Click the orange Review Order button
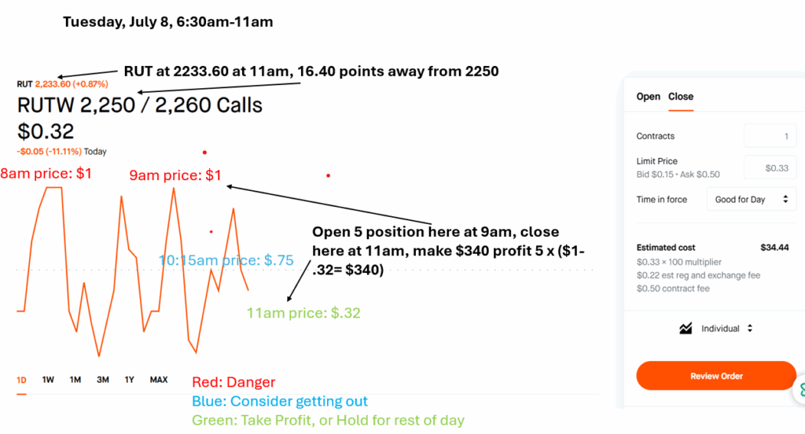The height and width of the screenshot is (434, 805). [716, 376]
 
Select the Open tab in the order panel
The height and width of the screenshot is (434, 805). [648, 97]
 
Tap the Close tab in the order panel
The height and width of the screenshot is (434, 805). [681, 97]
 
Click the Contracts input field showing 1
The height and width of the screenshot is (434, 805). [770, 136]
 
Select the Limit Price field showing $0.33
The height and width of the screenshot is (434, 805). [770, 168]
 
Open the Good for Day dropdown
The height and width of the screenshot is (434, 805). [751, 199]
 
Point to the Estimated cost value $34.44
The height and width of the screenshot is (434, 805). [774, 248]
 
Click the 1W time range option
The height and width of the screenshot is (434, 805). [48, 380]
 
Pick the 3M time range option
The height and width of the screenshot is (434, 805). [103, 380]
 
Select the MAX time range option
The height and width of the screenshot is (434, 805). [159, 380]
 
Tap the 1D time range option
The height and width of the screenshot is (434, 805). [21, 380]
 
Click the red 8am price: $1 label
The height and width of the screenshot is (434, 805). [46, 174]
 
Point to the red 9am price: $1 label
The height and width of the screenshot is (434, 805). [175, 175]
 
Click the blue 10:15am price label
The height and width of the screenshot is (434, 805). [226, 260]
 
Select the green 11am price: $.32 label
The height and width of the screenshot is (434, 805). [303, 313]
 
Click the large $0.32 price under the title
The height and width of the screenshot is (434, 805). [46, 131]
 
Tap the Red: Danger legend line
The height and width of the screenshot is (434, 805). [233, 382]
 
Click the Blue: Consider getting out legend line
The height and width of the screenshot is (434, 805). [280, 401]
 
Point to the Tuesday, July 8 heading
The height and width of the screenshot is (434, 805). [168, 22]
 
